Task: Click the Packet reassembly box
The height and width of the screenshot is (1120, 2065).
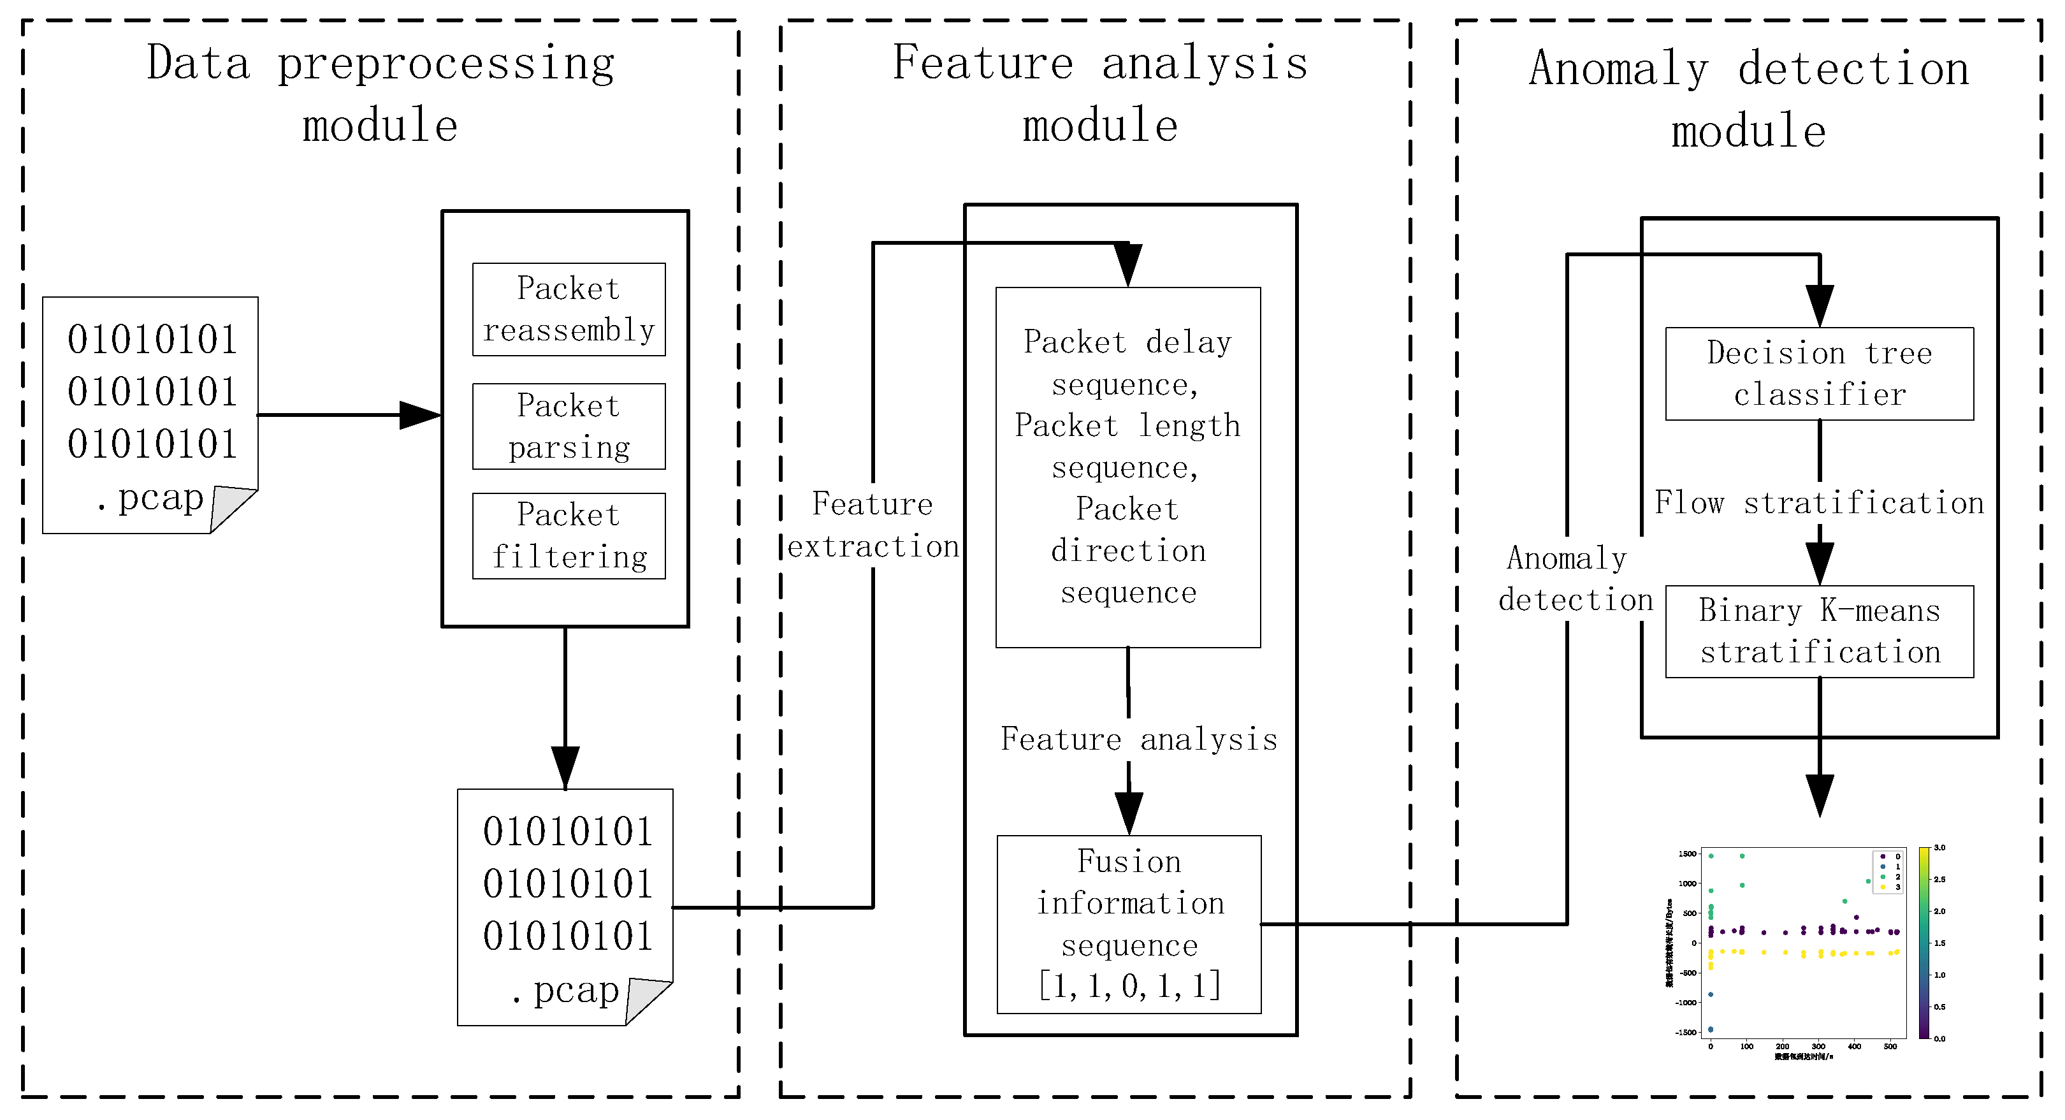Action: [569, 309]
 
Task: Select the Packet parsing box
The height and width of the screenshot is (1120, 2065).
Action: [569, 426]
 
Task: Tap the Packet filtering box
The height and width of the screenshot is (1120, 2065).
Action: [569, 535]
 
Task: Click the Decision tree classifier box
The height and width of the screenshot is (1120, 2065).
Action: [1819, 374]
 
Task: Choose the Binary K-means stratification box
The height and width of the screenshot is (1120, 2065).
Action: [1819, 632]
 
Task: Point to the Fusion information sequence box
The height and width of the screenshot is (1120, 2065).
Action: [1129, 924]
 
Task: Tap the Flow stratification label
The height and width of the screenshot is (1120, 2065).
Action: [1819, 504]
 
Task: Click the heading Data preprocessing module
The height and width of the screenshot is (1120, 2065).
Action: [380, 94]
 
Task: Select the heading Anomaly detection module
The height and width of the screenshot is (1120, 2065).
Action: [1748, 99]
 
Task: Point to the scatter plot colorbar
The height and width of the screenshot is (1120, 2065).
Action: [1924, 943]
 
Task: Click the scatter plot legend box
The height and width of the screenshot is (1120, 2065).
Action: [1888, 871]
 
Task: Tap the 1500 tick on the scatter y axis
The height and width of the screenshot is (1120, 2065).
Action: [1688, 854]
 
